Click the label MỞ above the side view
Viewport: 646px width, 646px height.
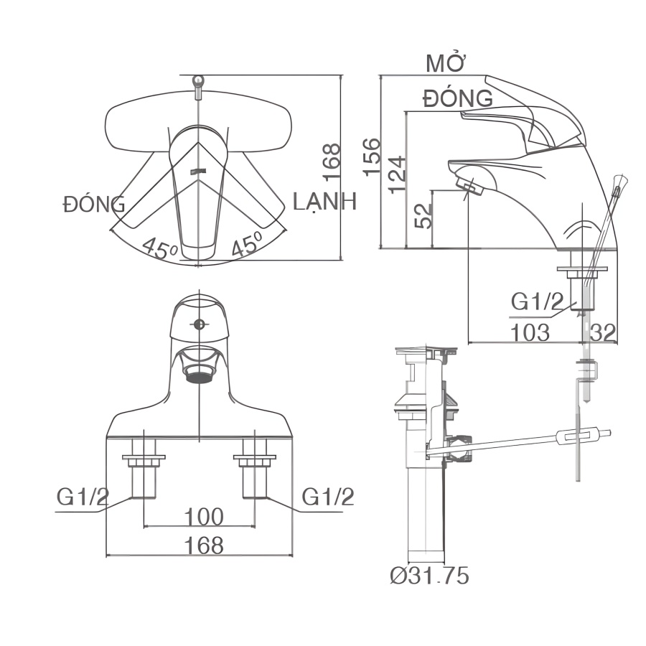tap(446, 64)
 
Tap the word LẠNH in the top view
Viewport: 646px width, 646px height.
tap(324, 202)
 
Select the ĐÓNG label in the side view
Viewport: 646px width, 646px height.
tap(458, 98)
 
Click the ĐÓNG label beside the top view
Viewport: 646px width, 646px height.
tap(93, 205)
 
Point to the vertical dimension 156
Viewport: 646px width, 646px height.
tap(371, 157)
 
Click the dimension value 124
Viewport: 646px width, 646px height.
tap(398, 174)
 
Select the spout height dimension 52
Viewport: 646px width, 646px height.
tap(423, 216)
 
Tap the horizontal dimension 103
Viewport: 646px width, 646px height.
tap(530, 332)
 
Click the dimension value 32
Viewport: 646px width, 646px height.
tap(603, 332)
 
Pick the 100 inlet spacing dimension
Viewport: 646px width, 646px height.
tap(204, 517)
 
